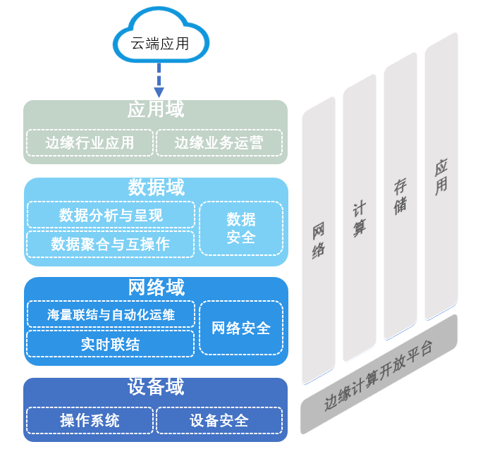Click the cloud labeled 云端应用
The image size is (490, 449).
coord(160,43)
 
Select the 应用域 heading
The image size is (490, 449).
coord(155,110)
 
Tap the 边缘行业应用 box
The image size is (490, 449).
coord(90,143)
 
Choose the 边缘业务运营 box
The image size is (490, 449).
coord(219,143)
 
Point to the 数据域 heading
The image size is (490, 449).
coord(155,187)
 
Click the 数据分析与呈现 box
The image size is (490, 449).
coord(111,215)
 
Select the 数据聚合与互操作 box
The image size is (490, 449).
coord(111,244)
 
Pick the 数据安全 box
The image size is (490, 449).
coord(240,228)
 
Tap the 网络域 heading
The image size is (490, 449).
coord(155,288)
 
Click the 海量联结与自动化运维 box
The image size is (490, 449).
coord(111,314)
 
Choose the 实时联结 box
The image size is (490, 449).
coord(111,344)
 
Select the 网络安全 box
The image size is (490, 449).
coord(240,328)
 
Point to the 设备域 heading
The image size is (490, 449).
coord(155,387)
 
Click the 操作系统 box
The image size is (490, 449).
coord(90,421)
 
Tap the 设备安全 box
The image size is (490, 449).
coord(219,421)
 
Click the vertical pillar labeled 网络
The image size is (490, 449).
coord(319,240)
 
